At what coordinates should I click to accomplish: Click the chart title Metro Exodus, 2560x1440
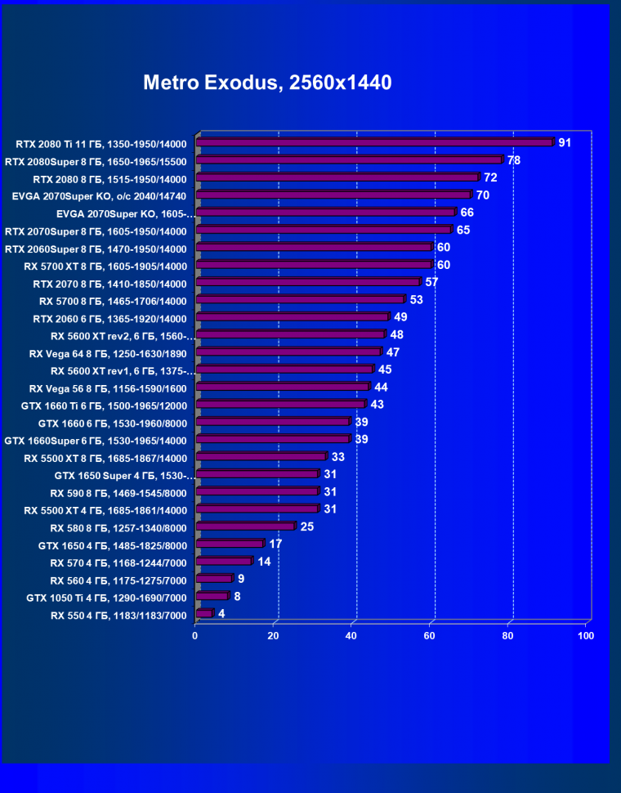(x=267, y=83)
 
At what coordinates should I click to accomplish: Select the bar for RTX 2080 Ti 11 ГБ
(x=375, y=143)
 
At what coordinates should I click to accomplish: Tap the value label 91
(x=564, y=143)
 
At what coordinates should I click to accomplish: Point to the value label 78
(x=513, y=160)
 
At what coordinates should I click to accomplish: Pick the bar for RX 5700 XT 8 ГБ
(x=315, y=265)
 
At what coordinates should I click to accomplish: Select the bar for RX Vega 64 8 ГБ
(x=289, y=352)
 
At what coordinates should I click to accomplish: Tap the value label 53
(x=416, y=300)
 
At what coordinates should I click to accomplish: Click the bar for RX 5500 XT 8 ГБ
(x=261, y=457)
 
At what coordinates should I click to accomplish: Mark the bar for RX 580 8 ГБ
(x=246, y=526)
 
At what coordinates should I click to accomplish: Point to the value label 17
(x=275, y=544)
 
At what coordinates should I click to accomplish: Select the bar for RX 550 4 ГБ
(x=204, y=613)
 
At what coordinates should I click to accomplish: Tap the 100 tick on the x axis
(x=585, y=635)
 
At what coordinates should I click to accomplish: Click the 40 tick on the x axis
(x=351, y=635)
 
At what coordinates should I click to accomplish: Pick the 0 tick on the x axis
(x=195, y=635)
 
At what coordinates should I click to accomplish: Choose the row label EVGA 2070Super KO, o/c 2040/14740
(x=99, y=195)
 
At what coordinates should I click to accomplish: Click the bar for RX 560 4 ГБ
(x=214, y=579)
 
